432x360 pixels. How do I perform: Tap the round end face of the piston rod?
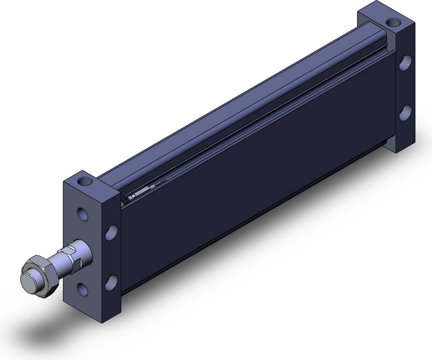pyautogui.click(x=28, y=282)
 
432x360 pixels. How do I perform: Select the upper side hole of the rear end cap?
pyautogui.click(x=404, y=64)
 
